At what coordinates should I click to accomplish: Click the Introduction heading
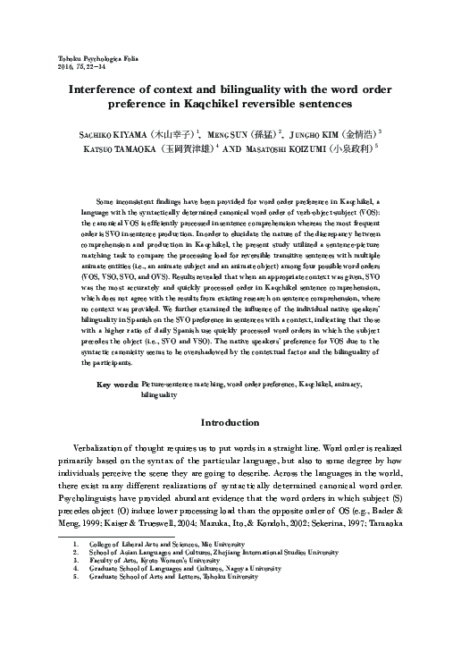(230, 422)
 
